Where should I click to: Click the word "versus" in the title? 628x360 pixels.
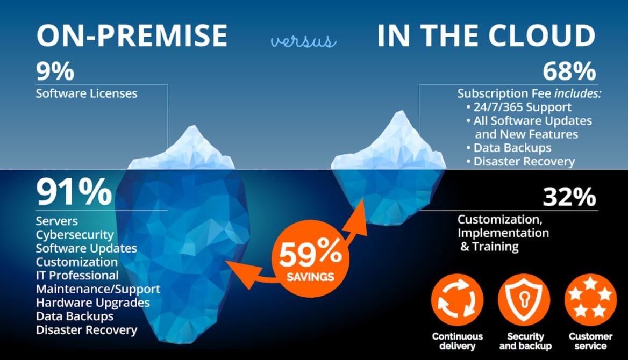point(303,41)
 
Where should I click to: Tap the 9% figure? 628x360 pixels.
point(55,71)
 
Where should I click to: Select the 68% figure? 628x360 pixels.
point(569,71)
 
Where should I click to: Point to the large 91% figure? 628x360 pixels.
point(74,192)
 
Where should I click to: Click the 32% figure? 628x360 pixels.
point(569,197)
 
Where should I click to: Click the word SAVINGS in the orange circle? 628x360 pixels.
point(310,277)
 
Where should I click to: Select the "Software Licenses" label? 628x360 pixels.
point(87,93)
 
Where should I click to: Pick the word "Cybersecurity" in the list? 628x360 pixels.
point(75,235)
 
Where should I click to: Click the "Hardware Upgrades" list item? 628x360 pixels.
point(93,303)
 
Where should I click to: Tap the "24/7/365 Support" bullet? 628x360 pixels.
point(519,107)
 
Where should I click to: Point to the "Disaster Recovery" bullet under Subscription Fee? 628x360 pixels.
point(520,161)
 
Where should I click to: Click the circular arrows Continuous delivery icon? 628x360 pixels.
point(458,300)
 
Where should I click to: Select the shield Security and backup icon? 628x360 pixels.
point(524,300)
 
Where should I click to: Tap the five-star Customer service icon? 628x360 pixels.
point(591,300)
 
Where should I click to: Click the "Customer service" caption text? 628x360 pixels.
point(591,341)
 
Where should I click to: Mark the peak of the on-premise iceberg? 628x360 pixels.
point(193,125)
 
